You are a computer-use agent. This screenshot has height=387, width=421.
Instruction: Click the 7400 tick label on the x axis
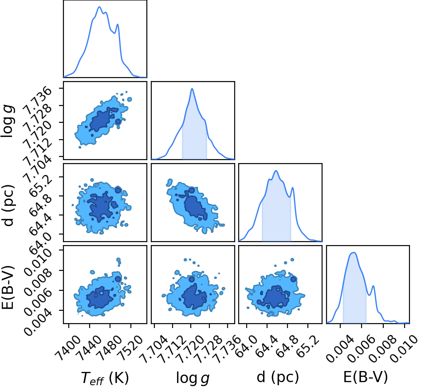[x=68, y=344]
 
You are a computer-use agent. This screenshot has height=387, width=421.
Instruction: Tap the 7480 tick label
[x=110, y=344]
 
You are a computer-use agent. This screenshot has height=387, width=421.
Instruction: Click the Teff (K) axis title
[x=105, y=378]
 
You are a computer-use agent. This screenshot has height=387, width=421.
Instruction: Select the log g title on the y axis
[x=7, y=121]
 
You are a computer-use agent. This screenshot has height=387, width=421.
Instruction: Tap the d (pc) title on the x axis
[x=278, y=377]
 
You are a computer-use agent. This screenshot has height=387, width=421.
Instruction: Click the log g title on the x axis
[x=193, y=378]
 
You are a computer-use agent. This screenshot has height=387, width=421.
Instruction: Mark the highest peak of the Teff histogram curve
[x=99, y=7]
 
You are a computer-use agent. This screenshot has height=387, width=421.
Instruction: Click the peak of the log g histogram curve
[x=192, y=89]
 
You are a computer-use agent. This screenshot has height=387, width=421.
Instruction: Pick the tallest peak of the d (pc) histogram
[x=276, y=171]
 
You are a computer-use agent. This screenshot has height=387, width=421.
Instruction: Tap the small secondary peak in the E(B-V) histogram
[x=373, y=286]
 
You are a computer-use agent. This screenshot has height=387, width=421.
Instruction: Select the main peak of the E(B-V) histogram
[x=353, y=253]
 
